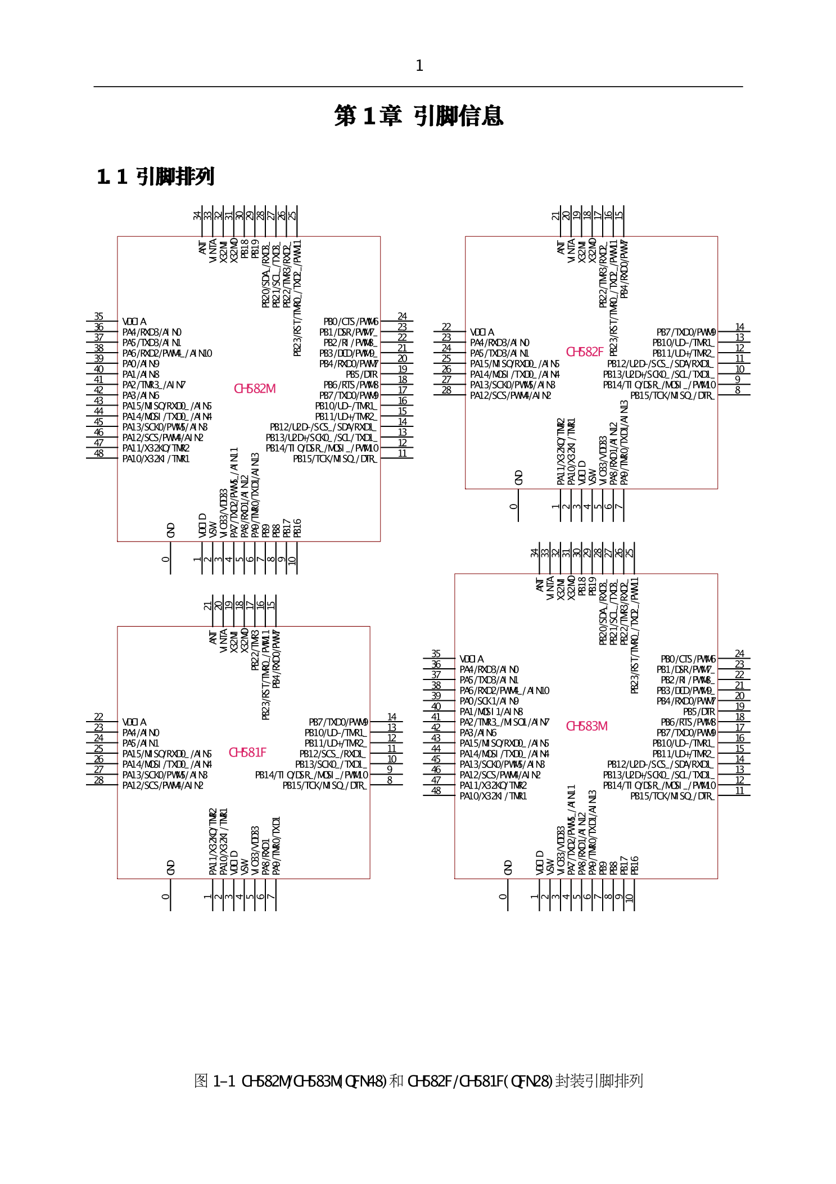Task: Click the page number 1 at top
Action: click(419, 66)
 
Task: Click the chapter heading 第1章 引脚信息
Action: click(418, 116)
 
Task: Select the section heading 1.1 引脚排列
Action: click(155, 177)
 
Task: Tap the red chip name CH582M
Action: click(255, 389)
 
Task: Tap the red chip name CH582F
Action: click(584, 352)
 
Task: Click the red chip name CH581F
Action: click(247, 753)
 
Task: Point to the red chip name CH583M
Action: click(586, 726)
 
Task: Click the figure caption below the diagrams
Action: click(418, 1081)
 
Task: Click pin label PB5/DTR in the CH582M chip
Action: click(361, 375)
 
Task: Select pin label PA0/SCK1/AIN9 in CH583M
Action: click(489, 701)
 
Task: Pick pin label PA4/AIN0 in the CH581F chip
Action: click(141, 733)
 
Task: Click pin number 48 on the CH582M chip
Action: click(99, 453)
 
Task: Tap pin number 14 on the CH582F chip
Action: click(739, 327)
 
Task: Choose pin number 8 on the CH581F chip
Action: click(390, 780)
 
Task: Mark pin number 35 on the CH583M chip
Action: click(436, 654)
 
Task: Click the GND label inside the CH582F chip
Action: click(518, 478)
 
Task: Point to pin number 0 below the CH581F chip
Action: click(165, 897)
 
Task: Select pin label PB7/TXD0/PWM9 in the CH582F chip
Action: click(686, 332)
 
